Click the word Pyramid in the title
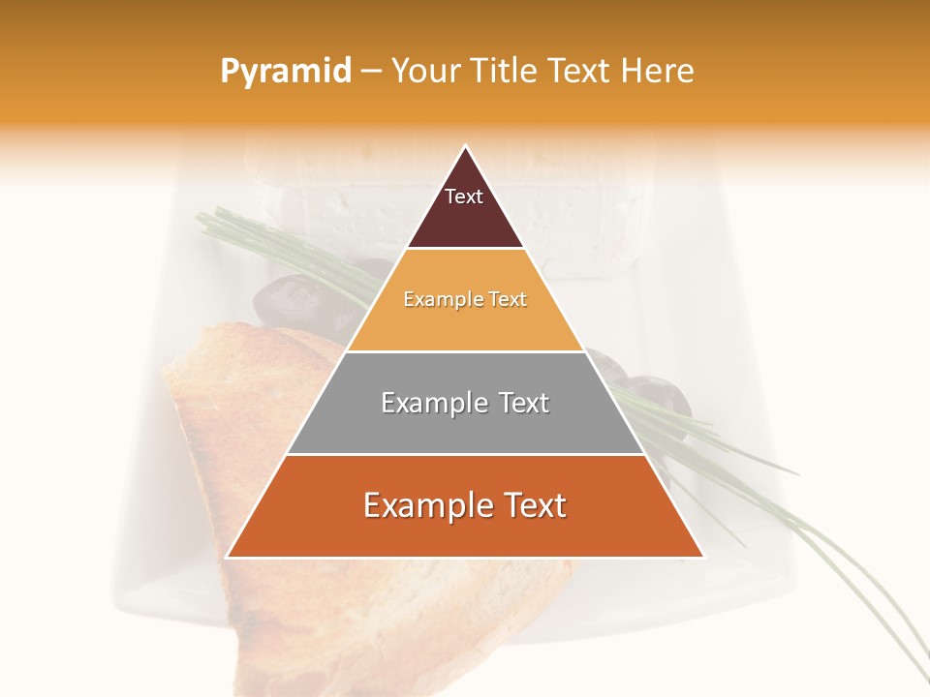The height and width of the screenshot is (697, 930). pos(285,72)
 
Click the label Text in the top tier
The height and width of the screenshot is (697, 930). pos(464,197)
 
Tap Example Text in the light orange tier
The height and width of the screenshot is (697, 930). pos(465,300)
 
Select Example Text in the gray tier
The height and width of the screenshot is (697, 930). pos(465,403)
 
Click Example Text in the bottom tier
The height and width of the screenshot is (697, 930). pos(465,505)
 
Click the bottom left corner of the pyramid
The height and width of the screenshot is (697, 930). pos(228,557)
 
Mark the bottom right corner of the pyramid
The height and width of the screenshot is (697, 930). pos(703,557)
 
